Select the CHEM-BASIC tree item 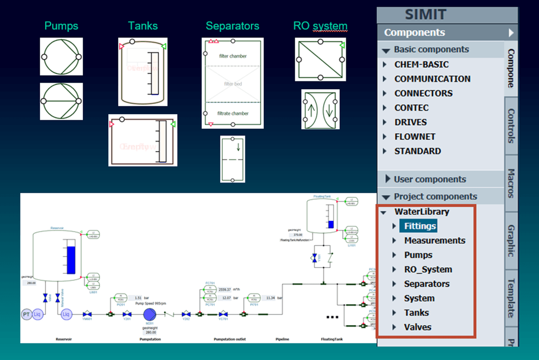(x=421, y=64)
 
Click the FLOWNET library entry (x=415, y=136)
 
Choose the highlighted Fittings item (x=420, y=226)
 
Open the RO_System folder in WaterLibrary (x=428, y=269)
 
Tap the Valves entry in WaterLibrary (x=417, y=327)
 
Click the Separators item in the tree (x=426, y=284)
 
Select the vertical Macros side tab (x=511, y=183)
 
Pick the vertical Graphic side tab (x=511, y=241)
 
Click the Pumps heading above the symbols (x=61, y=26)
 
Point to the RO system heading (x=320, y=26)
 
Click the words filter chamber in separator (x=233, y=56)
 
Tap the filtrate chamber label (x=233, y=114)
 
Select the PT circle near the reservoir (x=27, y=314)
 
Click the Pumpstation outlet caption (x=229, y=339)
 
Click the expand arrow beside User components (x=388, y=179)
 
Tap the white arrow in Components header (x=511, y=33)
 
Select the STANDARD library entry (x=417, y=151)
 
